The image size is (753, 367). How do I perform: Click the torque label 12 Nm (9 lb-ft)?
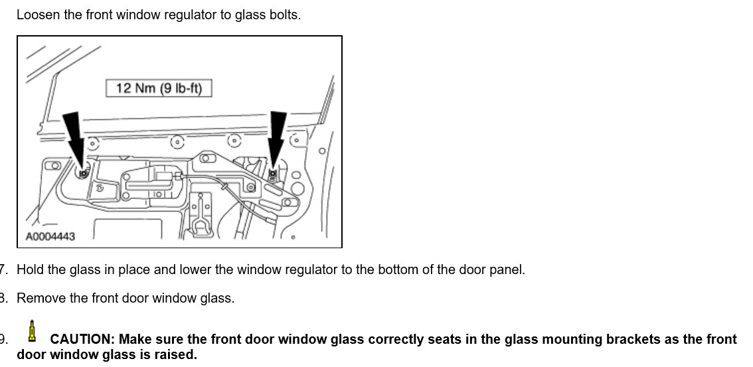pyautogui.click(x=159, y=88)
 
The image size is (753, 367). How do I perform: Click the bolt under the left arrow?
pyautogui.click(x=83, y=173)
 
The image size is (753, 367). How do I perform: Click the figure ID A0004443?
pyautogui.click(x=50, y=236)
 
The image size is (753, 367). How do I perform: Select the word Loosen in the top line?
pyautogui.click(x=39, y=15)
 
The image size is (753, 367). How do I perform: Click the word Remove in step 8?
pyautogui.click(x=40, y=298)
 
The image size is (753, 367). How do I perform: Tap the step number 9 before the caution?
pyautogui.click(x=3, y=339)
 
